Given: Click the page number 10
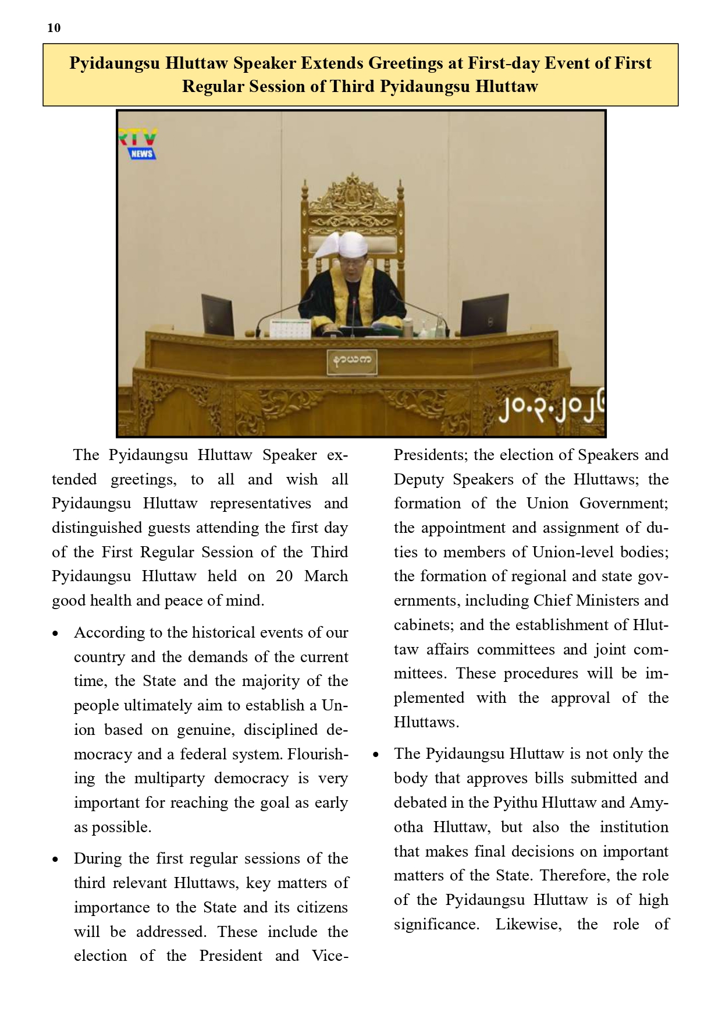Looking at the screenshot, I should pyautogui.click(x=54, y=28).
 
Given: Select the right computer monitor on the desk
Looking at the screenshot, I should pyautogui.click(x=484, y=315).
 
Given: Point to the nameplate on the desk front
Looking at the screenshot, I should pyautogui.click(x=352, y=362).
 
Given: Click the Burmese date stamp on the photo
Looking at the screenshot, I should pyautogui.click(x=550, y=411).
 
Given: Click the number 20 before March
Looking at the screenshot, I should pyautogui.click(x=284, y=576).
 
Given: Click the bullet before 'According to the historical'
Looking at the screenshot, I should pyautogui.click(x=55, y=634).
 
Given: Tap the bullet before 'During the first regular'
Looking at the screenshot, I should pyautogui.click(x=55, y=860).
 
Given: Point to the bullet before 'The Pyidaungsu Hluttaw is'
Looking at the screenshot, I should pyautogui.click(x=376, y=755).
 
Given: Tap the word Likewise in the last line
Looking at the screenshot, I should pyautogui.click(x=528, y=924).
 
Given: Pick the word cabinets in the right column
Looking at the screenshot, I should pyautogui.click(x=424, y=625).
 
